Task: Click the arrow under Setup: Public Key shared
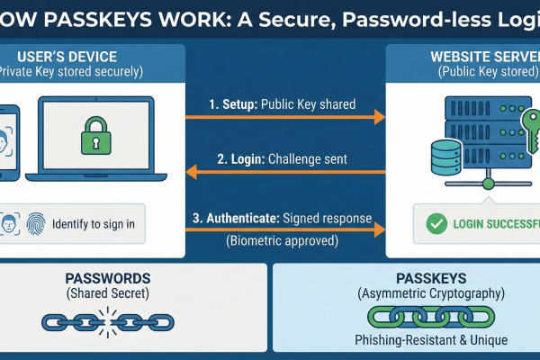coord(284,117)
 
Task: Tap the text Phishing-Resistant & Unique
coord(406,340)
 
